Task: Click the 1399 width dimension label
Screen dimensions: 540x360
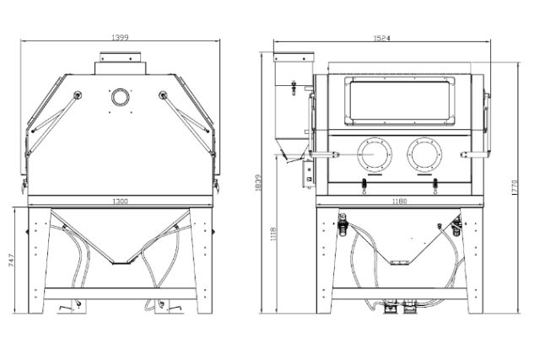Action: [120, 37]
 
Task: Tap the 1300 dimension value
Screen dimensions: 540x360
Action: [120, 201]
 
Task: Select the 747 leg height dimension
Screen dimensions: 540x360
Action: [11, 261]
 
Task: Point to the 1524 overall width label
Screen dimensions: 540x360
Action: [381, 38]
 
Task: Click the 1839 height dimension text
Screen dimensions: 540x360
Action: [259, 183]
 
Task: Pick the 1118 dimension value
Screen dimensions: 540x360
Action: [273, 234]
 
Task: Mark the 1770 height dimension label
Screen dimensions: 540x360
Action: [515, 187]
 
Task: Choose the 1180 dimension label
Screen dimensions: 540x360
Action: [399, 201]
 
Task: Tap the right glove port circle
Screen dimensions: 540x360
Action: [424, 154]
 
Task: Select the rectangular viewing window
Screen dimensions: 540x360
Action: [399, 101]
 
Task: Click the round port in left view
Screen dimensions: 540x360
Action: [120, 98]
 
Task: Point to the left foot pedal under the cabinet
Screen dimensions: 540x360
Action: [67, 309]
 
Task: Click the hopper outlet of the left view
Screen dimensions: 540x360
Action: [120, 261]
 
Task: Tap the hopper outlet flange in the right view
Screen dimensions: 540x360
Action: [399, 263]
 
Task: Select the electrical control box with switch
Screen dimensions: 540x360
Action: [309, 175]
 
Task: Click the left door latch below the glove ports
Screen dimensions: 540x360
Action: [364, 186]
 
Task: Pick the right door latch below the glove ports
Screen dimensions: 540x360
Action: [435, 186]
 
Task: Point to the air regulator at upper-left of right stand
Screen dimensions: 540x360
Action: [343, 223]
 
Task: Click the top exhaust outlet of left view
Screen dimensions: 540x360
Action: [120, 63]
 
